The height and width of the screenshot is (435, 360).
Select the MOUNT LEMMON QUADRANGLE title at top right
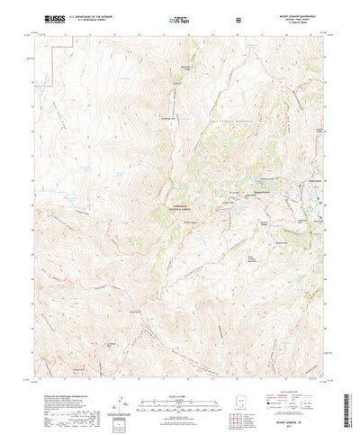pos(297,14)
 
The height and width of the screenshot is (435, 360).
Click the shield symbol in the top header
pos(238,19)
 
